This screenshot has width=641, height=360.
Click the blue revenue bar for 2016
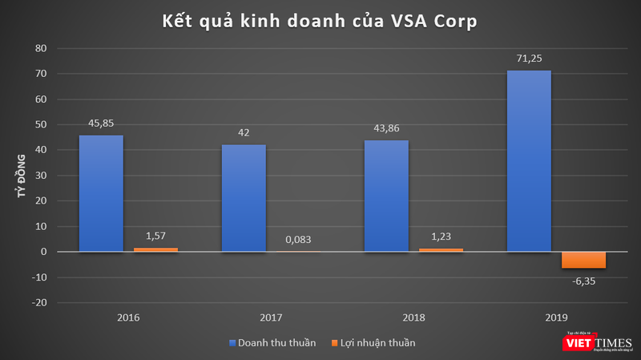100,193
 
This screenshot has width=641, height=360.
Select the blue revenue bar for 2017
243,198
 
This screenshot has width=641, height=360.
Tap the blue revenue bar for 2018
386,196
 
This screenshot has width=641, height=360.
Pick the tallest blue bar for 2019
529,161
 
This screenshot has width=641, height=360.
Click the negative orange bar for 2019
583,260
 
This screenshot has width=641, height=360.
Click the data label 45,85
100,123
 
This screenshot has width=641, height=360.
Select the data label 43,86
386,128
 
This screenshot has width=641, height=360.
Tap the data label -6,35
583,281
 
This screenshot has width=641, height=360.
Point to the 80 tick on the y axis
41,49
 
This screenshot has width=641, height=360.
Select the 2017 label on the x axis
271,318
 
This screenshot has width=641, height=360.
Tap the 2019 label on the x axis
556,318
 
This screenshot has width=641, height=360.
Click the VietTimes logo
598,342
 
